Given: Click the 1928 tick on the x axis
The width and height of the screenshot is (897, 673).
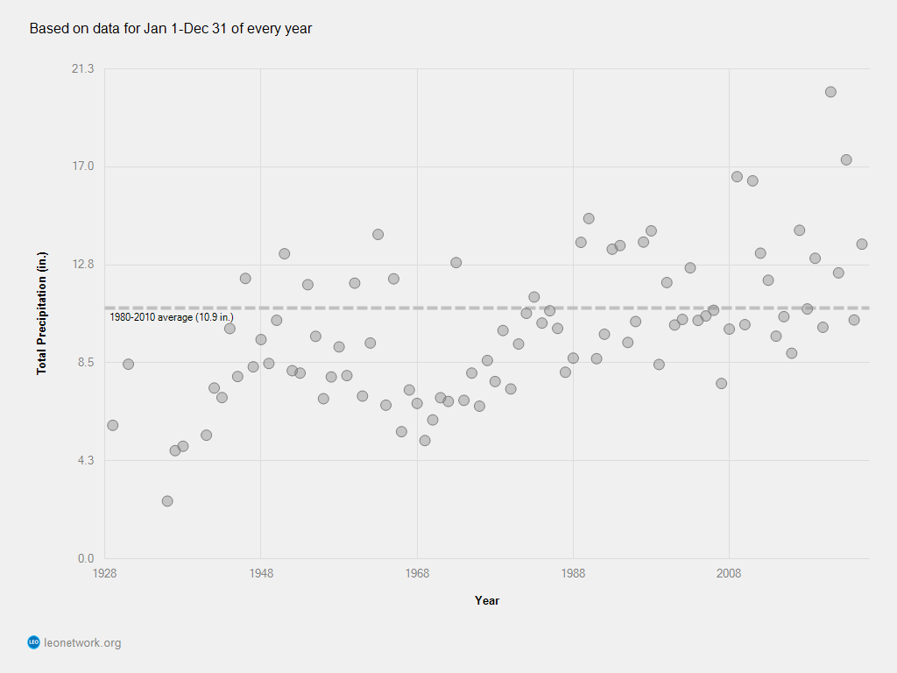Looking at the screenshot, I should click(x=104, y=573).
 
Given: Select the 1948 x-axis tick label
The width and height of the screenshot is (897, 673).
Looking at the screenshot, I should click(x=260, y=573).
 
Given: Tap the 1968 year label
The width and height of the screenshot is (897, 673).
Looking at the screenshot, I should click(x=417, y=573).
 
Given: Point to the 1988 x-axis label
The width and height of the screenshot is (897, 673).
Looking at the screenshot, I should click(x=573, y=573).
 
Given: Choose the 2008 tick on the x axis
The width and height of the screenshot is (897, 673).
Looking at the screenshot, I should click(x=729, y=573).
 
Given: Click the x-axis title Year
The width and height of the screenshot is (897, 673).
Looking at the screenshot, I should click(x=487, y=600).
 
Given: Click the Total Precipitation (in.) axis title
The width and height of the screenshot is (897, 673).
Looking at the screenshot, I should click(x=41, y=314).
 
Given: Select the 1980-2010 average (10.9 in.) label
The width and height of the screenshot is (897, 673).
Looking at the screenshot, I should click(x=172, y=317).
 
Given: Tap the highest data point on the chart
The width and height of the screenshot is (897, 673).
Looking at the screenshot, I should click(x=830, y=92).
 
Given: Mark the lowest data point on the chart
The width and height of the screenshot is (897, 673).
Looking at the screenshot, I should click(x=167, y=501).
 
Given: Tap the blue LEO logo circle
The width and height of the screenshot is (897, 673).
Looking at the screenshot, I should click(x=33, y=643).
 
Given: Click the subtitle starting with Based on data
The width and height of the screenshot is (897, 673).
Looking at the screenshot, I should click(x=171, y=29).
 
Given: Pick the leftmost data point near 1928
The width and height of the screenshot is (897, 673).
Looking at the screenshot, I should click(x=112, y=425).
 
